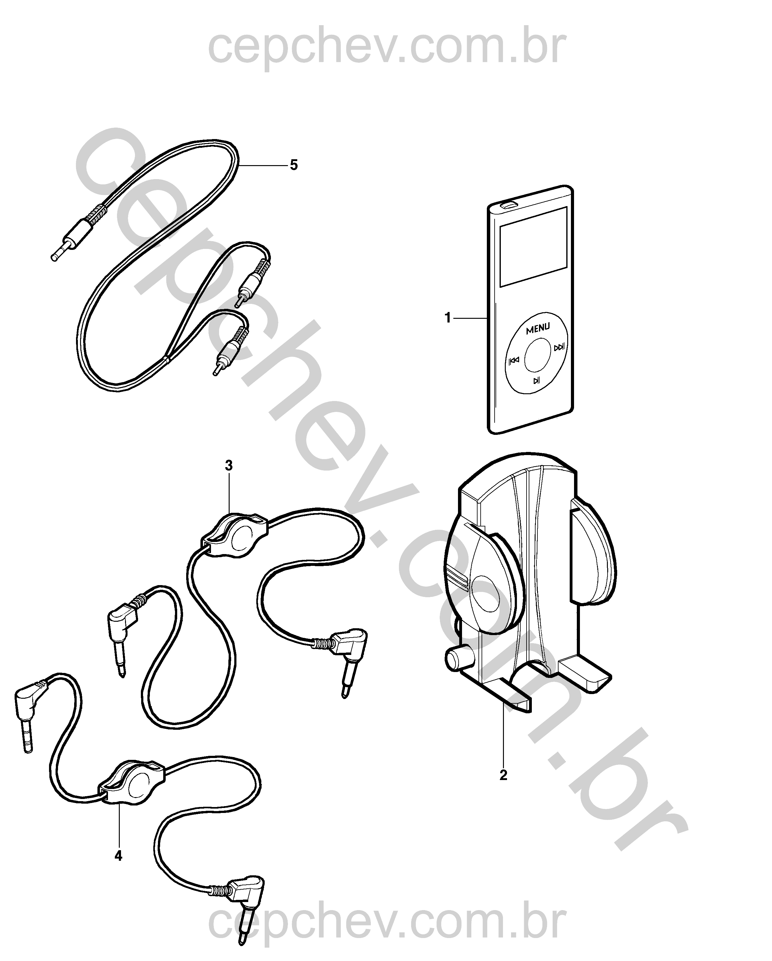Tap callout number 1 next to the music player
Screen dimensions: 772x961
click(x=448, y=318)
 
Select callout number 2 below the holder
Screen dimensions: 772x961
click(x=503, y=775)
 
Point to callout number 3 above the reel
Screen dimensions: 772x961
click(x=228, y=466)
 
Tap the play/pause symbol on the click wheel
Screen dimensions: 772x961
click(x=537, y=380)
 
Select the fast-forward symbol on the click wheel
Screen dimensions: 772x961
click(x=559, y=347)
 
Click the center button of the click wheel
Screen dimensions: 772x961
click(x=537, y=354)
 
